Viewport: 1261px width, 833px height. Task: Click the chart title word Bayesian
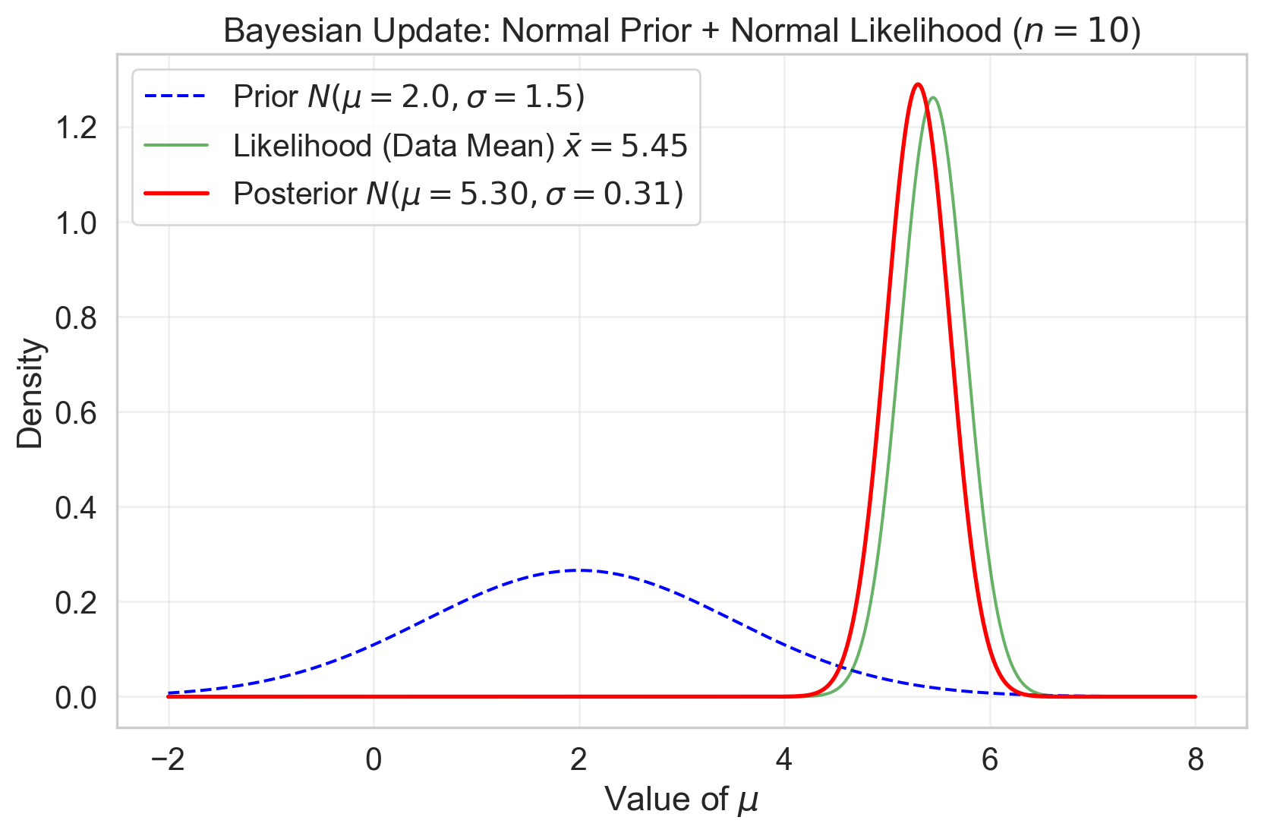281,32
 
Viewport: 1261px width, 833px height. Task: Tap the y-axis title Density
31,393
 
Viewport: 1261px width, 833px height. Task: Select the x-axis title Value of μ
681,800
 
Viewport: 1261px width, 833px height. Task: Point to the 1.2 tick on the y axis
76,128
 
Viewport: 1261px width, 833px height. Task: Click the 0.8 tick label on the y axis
76,317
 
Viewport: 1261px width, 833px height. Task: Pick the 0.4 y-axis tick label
76,507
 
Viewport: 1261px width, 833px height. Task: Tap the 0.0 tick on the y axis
76,697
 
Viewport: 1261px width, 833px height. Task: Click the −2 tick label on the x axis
168,759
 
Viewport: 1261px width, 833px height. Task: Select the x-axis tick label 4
784,759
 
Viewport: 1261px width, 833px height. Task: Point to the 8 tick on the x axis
1195,759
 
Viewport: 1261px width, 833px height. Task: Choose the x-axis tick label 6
990,759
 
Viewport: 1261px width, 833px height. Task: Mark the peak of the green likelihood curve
933,98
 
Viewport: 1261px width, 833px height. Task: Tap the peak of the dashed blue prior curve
578,570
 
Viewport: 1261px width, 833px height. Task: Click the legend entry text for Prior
408,97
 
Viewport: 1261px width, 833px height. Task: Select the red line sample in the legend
176,194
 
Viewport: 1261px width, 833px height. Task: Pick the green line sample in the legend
176,146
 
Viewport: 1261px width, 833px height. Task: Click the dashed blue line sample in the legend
176,97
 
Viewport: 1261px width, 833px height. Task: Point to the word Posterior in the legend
295,194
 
